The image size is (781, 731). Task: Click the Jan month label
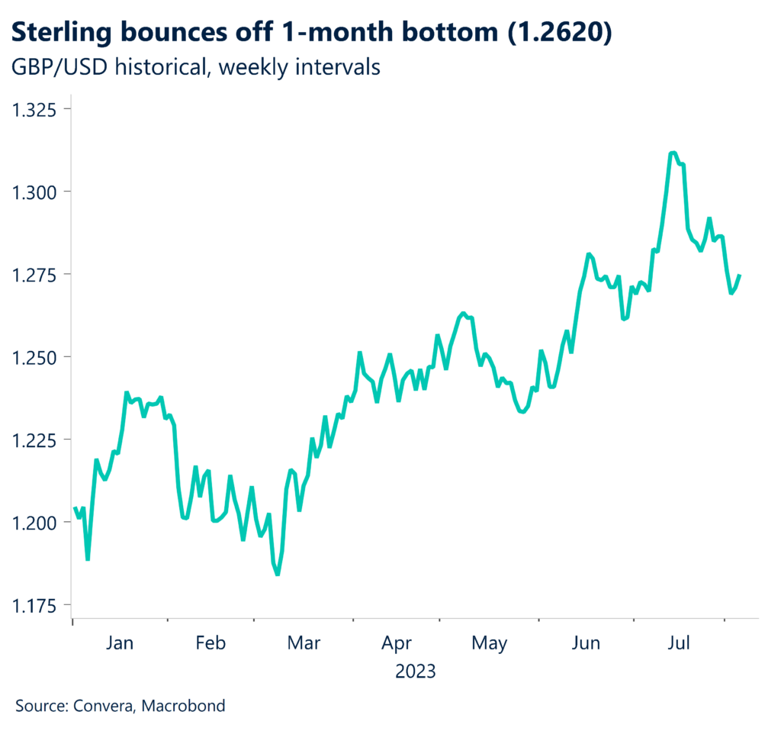(x=119, y=643)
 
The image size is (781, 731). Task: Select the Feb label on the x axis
(x=211, y=643)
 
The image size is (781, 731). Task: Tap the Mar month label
(x=304, y=643)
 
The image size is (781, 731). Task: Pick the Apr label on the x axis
(x=397, y=643)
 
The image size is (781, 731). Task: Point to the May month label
(x=489, y=643)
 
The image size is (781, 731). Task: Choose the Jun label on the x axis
(x=586, y=643)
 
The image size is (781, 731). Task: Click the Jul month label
(x=679, y=643)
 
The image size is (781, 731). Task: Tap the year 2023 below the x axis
(x=416, y=671)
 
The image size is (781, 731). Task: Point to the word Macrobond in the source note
(x=188, y=706)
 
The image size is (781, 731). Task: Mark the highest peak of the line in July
(x=672, y=153)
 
